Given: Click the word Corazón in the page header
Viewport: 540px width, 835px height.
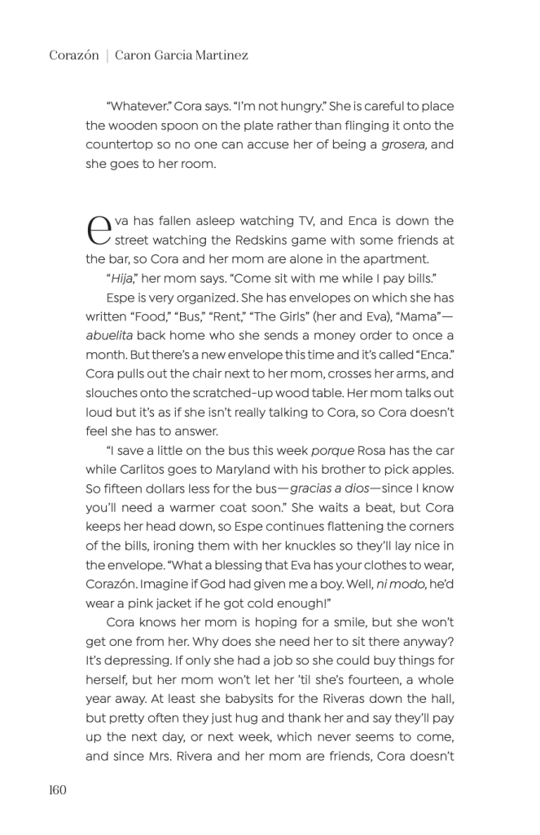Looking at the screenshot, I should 72,55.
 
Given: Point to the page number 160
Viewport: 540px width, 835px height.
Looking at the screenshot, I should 57,789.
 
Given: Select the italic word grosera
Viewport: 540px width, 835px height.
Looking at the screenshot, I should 405,144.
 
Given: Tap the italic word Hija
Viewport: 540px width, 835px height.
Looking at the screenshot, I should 121,278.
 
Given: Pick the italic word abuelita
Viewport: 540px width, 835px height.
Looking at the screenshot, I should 112,335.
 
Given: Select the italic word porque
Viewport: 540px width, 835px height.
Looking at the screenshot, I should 331,451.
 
